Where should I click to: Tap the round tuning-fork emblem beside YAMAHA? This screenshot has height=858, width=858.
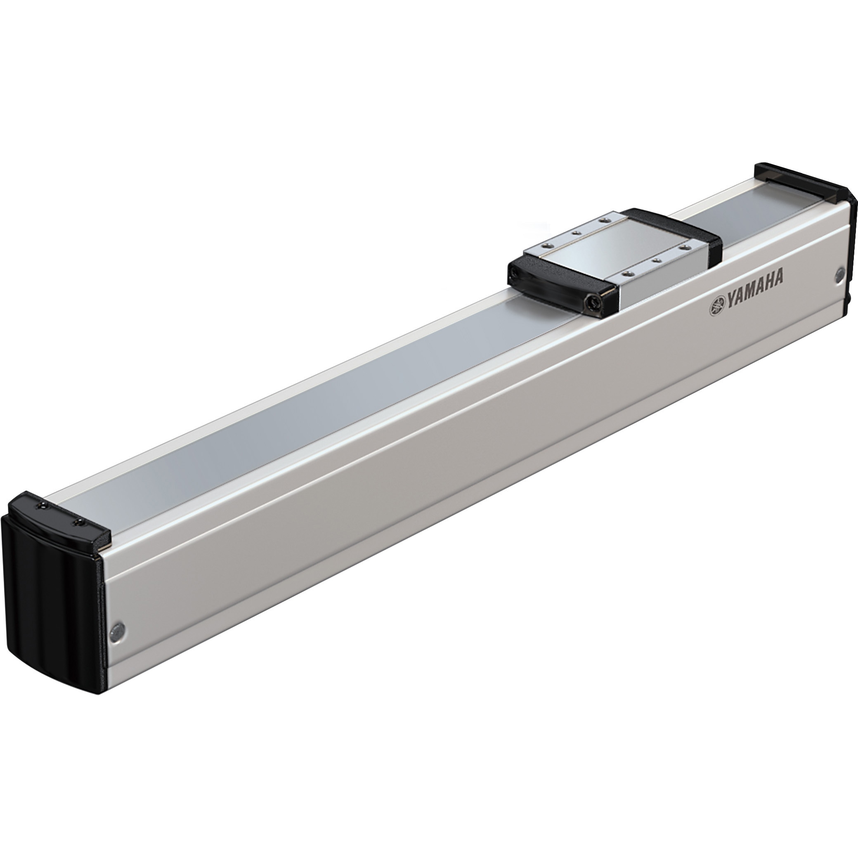717,306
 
